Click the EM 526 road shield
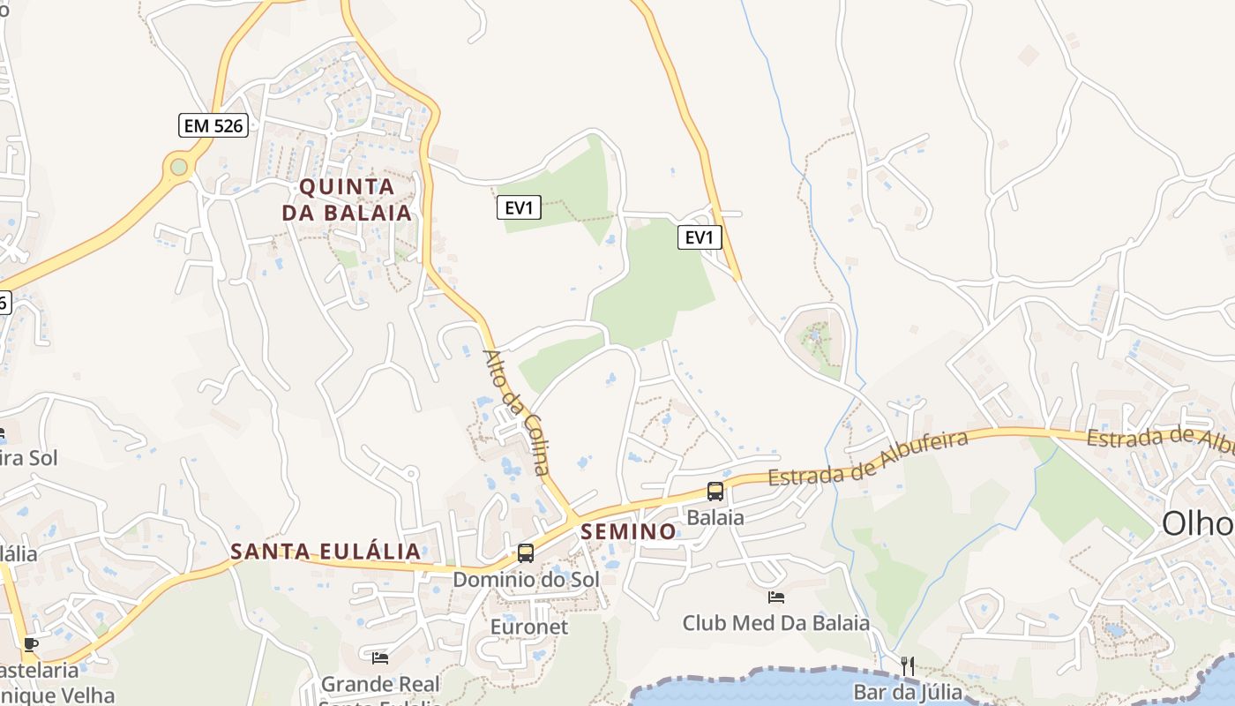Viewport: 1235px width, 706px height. [213, 125]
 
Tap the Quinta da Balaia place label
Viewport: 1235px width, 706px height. [347, 199]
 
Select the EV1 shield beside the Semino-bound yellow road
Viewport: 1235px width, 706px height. [519, 208]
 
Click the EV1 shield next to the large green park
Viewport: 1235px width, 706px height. [700, 237]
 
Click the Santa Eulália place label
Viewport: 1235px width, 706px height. [326, 552]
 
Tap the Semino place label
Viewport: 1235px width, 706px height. [628, 531]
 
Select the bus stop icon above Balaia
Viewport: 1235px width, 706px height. [715, 492]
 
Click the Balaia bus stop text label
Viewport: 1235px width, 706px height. [715, 517]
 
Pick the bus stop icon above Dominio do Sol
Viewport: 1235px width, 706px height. [526, 553]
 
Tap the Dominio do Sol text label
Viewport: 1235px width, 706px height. [526, 580]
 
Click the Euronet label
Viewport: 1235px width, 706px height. [529, 627]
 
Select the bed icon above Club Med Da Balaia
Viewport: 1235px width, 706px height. [776, 597]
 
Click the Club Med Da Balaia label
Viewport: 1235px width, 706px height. [776, 623]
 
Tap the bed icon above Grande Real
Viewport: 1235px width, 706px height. [380, 657]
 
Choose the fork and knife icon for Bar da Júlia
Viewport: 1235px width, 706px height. [907, 665]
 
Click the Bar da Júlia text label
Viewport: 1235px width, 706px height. [907, 691]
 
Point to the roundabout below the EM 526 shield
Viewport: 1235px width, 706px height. [179, 166]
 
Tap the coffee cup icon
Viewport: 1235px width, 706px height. [31, 644]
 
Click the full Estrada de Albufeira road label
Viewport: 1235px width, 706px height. [868, 459]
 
